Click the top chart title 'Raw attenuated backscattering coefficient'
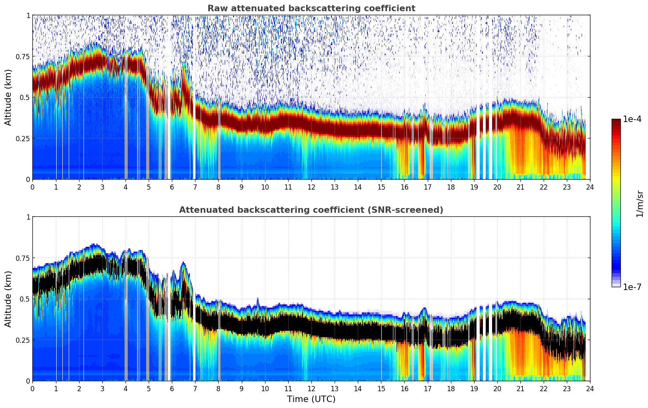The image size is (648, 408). pos(311,8)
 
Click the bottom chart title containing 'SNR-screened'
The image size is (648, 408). pos(311,210)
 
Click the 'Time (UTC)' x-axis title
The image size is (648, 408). pos(311,399)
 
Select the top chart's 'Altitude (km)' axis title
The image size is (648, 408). pos(8,97)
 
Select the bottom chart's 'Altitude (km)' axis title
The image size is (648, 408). pos(8,299)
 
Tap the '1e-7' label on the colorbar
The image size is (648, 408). pos(632,287)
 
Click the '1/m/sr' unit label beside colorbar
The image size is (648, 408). pos(640,204)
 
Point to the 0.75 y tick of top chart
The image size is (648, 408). pos(23,56)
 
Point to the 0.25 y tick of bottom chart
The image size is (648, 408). pos(23,340)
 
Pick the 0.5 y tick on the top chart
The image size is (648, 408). pos(25,98)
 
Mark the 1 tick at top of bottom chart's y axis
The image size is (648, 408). pos(28,217)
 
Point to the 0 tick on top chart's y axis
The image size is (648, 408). pos(28,180)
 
